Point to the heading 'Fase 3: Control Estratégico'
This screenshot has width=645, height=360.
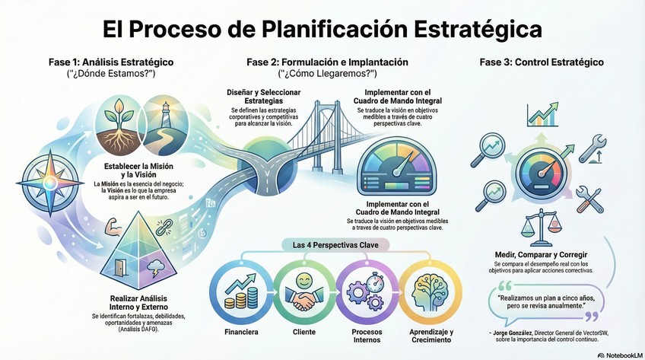[542, 62]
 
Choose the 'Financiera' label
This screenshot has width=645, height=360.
[241, 333]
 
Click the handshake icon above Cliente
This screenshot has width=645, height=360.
[303, 295]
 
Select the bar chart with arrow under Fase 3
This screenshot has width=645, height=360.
[543, 115]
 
